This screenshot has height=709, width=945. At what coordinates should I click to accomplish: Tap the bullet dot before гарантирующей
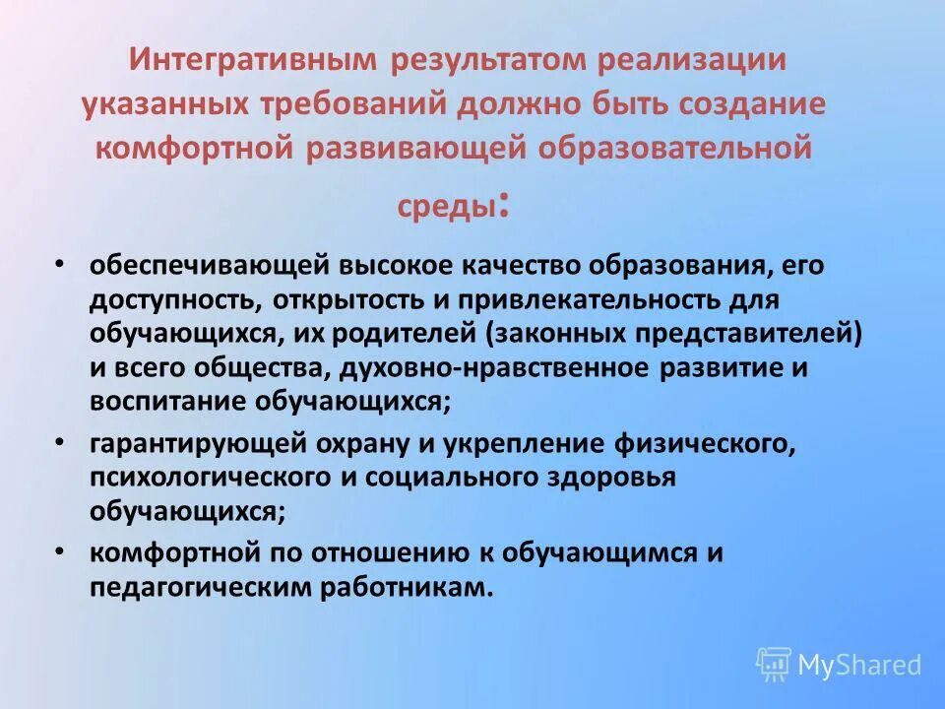coord(60,443)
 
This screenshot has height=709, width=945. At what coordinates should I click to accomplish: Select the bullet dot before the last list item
coord(60,550)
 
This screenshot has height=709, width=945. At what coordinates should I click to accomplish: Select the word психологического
coord(196,478)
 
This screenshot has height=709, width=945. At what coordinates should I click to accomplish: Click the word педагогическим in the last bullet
coord(197,587)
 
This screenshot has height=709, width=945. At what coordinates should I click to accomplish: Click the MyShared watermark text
coord(860,665)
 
